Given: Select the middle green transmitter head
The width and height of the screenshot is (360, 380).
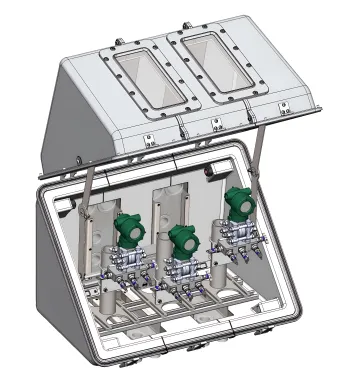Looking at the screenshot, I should coord(181,241).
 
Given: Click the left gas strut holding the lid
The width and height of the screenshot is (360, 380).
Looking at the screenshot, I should coord(92,180).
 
